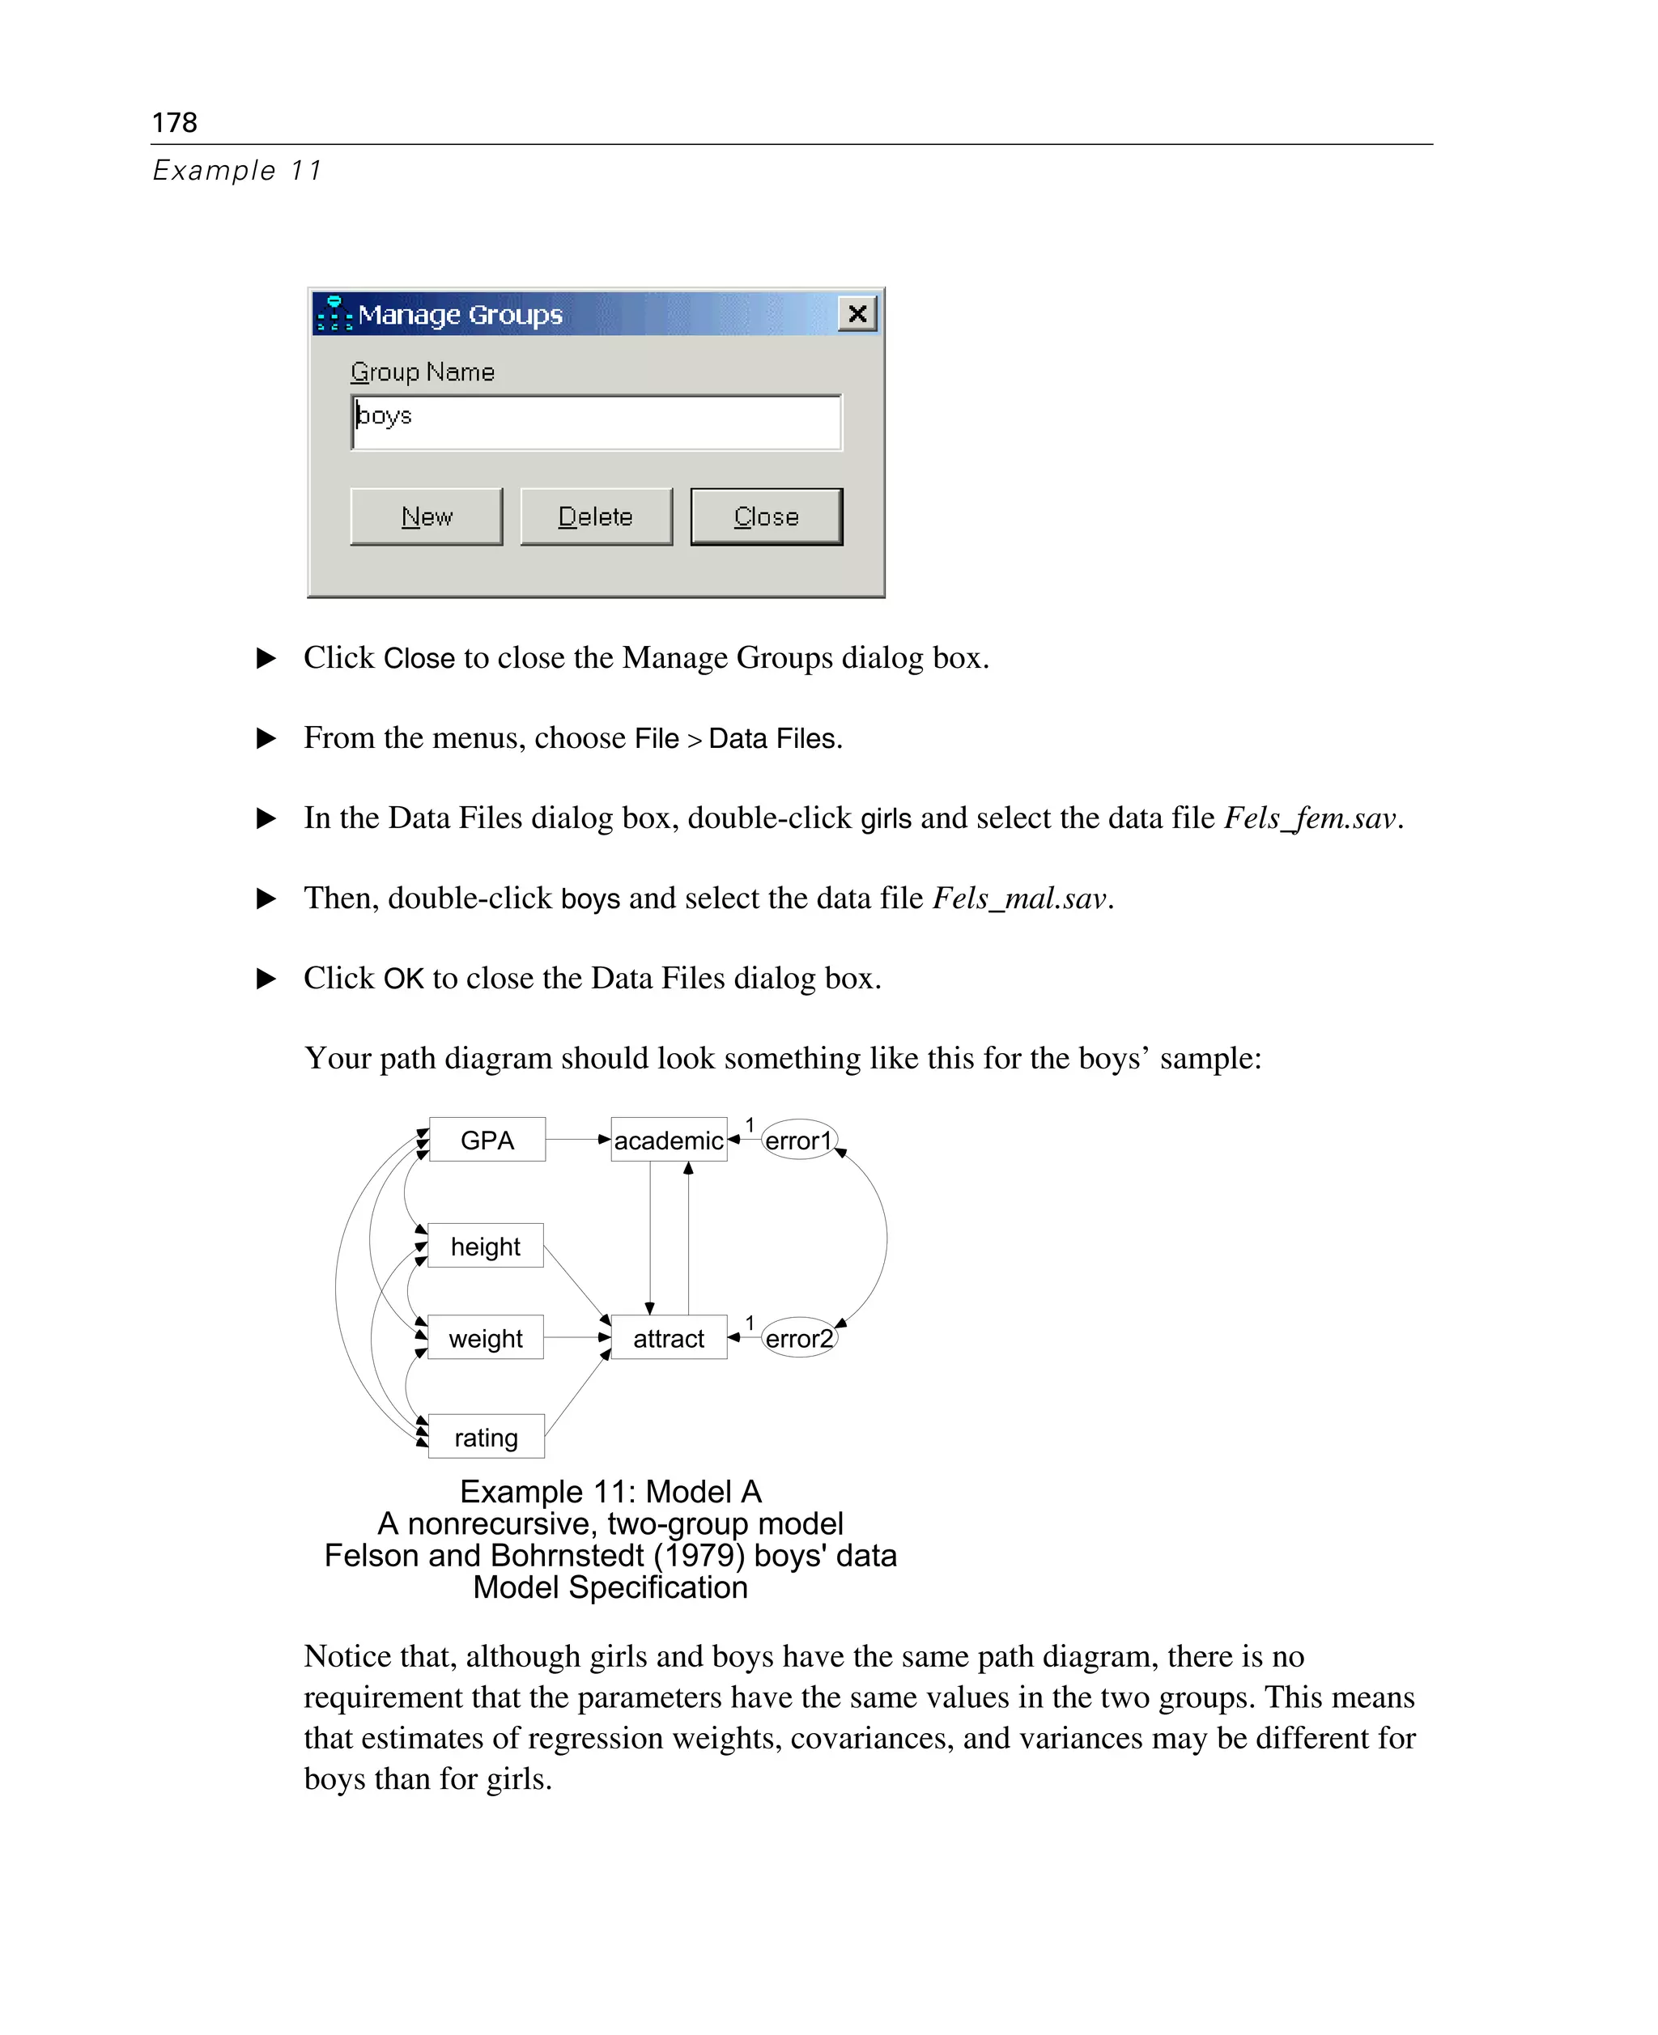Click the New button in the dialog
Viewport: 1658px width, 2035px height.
[x=426, y=516]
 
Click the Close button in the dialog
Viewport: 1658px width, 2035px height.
[x=766, y=516]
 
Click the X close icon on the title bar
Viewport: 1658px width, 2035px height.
[x=857, y=313]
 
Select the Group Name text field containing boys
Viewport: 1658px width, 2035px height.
[x=596, y=421]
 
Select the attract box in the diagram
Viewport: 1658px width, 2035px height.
[x=669, y=1338]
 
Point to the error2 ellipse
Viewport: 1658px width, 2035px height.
[x=799, y=1338]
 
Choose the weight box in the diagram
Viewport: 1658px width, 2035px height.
[x=485, y=1338]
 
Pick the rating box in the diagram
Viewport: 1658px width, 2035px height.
[x=486, y=1437]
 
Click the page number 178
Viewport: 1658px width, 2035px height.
[x=174, y=122]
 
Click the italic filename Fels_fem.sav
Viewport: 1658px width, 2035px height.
[x=1309, y=818]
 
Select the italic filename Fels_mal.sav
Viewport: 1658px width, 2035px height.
[x=1019, y=898]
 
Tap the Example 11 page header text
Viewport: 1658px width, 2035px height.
[x=237, y=170]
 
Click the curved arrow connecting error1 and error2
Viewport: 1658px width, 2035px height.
[x=886, y=1238]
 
